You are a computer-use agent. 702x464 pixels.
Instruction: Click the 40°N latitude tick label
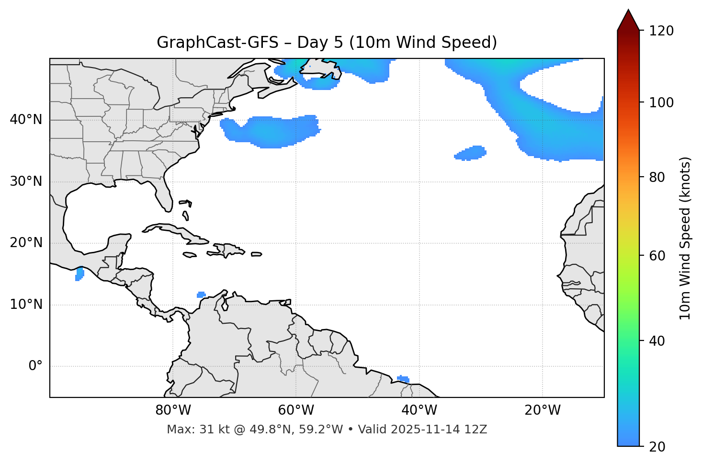(x=26, y=120)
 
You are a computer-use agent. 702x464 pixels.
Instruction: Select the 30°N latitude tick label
(x=26, y=181)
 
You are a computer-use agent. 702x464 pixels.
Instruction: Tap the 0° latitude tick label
(x=35, y=366)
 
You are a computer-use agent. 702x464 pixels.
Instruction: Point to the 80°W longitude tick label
(x=173, y=410)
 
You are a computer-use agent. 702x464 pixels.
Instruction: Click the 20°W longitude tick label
(x=543, y=410)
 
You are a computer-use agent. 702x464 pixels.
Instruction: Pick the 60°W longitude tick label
(x=296, y=410)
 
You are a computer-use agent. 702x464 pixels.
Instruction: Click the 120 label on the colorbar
(x=661, y=31)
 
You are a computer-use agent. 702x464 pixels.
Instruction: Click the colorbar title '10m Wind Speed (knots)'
(x=685, y=238)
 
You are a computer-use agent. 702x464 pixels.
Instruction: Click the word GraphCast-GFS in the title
(x=217, y=43)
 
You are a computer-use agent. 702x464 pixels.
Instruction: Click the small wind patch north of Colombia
(x=201, y=294)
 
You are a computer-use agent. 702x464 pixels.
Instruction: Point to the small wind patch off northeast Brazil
(x=403, y=379)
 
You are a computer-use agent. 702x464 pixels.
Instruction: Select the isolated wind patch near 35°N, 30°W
(x=471, y=153)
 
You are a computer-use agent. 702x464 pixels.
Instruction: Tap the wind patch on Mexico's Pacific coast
(x=79, y=274)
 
